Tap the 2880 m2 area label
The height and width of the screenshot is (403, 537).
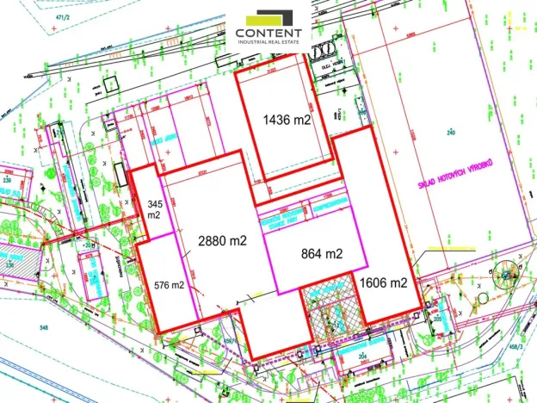(222, 241)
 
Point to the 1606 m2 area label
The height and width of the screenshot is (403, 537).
(384, 282)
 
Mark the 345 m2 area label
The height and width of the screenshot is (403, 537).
(155, 209)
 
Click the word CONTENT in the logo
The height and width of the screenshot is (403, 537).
(268, 34)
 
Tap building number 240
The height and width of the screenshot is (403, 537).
(449, 132)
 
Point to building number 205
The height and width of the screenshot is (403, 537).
(437, 319)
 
